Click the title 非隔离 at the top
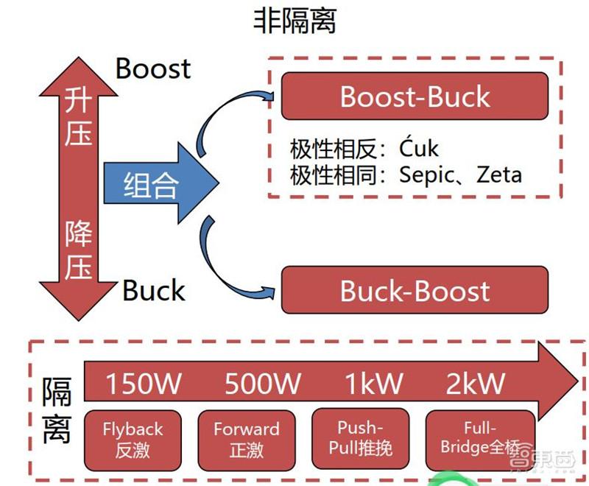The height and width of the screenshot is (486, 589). [294, 21]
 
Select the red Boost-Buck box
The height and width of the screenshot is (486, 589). [415, 96]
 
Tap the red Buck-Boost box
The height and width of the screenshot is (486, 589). [415, 290]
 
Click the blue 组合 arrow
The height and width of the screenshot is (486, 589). [158, 183]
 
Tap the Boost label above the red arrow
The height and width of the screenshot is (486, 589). [153, 68]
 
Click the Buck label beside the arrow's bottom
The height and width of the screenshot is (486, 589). [153, 290]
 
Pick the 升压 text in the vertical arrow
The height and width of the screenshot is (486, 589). [78, 118]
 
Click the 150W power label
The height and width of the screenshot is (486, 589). [144, 384]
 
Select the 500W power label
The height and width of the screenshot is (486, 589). [263, 384]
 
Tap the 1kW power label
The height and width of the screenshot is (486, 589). [374, 384]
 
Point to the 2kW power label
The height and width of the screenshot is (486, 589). [476, 384]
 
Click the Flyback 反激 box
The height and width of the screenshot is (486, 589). [133, 440]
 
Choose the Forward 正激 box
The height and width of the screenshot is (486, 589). [246, 440]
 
